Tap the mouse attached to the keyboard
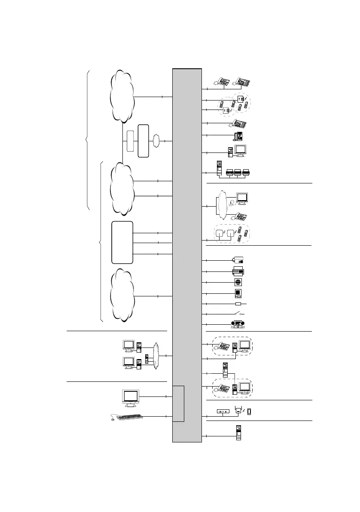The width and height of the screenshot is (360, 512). pyautogui.click(x=113, y=420)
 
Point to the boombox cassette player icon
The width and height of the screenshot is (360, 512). pyautogui.click(x=238, y=324)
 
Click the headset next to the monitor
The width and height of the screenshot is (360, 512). pyautogui.click(x=232, y=203)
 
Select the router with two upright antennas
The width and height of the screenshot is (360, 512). pyautogui.click(x=237, y=411)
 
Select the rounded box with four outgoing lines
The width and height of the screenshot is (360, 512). pyautogui.click(x=122, y=242)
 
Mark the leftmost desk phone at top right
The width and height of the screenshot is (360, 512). pyautogui.click(x=223, y=82)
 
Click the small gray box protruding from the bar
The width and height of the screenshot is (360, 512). pyautogui.click(x=178, y=404)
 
